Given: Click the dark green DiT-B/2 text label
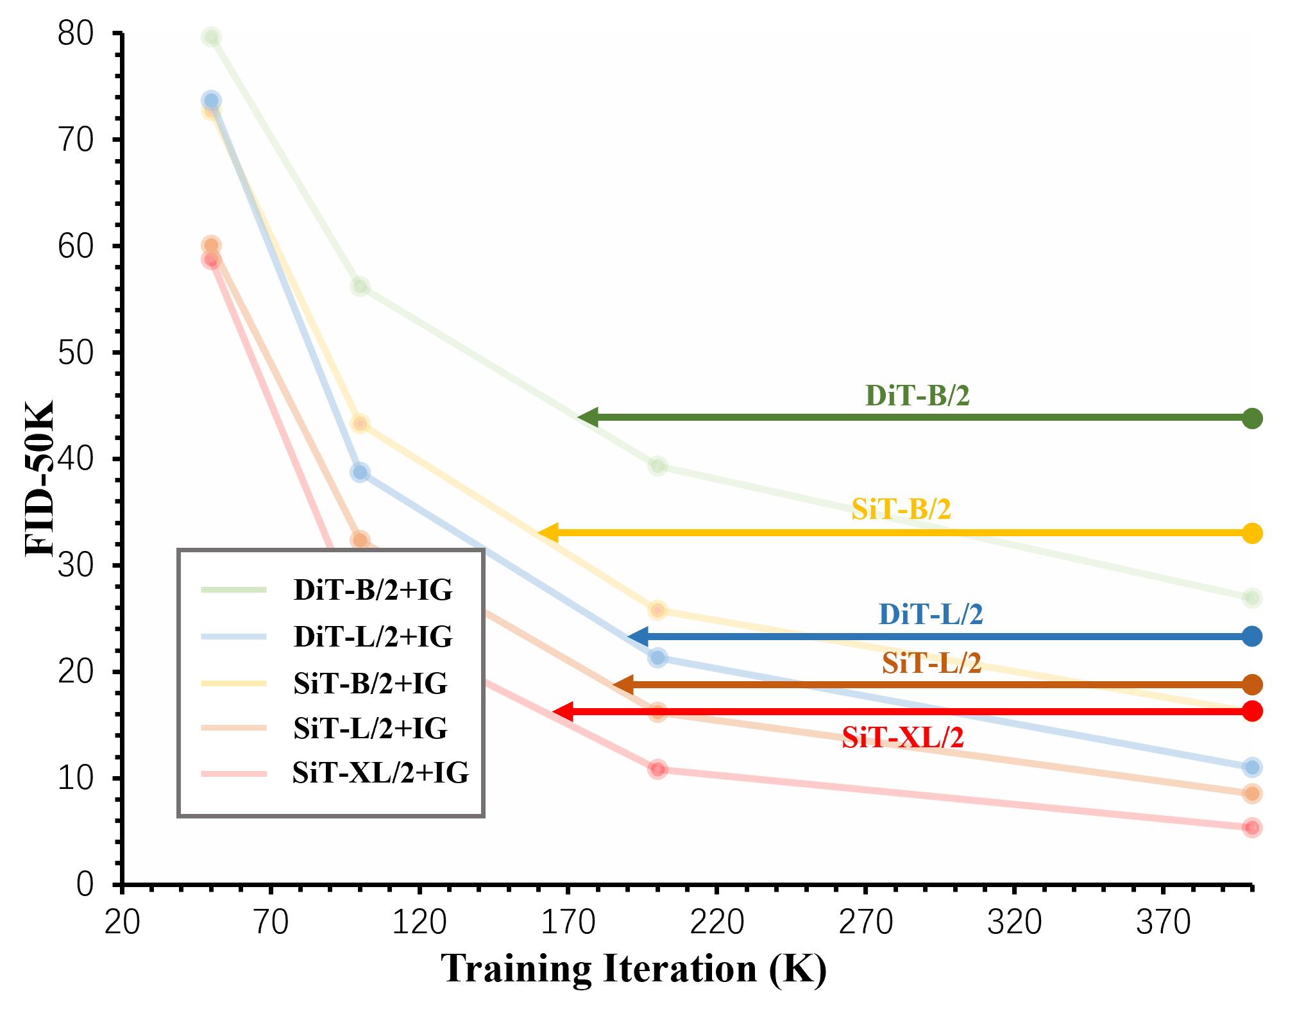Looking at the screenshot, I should point(917,396).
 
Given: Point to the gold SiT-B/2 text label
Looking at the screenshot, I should point(901,509).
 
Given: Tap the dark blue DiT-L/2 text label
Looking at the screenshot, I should point(930,614).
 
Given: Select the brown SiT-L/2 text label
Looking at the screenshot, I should point(931,663).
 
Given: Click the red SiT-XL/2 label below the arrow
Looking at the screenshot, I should point(902,738).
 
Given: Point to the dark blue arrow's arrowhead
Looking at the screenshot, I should point(638,637).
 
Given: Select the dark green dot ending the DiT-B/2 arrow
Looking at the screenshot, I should point(1252,418).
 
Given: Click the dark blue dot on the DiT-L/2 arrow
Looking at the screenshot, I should point(1252,636).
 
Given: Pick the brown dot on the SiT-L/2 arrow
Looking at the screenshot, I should point(1252,684).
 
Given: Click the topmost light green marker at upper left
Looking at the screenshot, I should point(211,37).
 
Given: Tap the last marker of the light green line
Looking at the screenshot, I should point(1252,598).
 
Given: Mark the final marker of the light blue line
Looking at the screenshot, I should point(1252,767).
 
